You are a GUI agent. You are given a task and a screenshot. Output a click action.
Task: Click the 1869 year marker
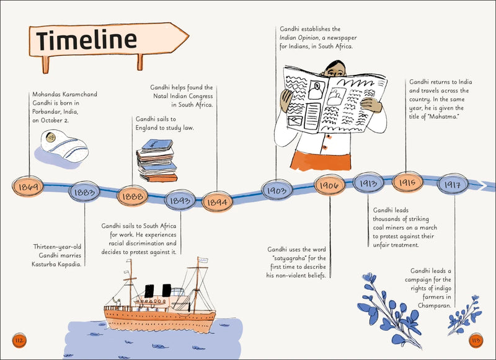[x=28, y=186]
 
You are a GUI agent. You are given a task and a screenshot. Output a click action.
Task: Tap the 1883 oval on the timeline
[x=83, y=192]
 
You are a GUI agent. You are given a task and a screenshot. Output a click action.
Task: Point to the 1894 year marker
[x=218, y=201]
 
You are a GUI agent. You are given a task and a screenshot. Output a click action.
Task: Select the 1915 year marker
[x=407, y=183]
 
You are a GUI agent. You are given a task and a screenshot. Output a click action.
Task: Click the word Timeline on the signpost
[x=87, y=40]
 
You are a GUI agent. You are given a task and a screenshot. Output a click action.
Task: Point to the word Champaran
[x=433, y=305]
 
